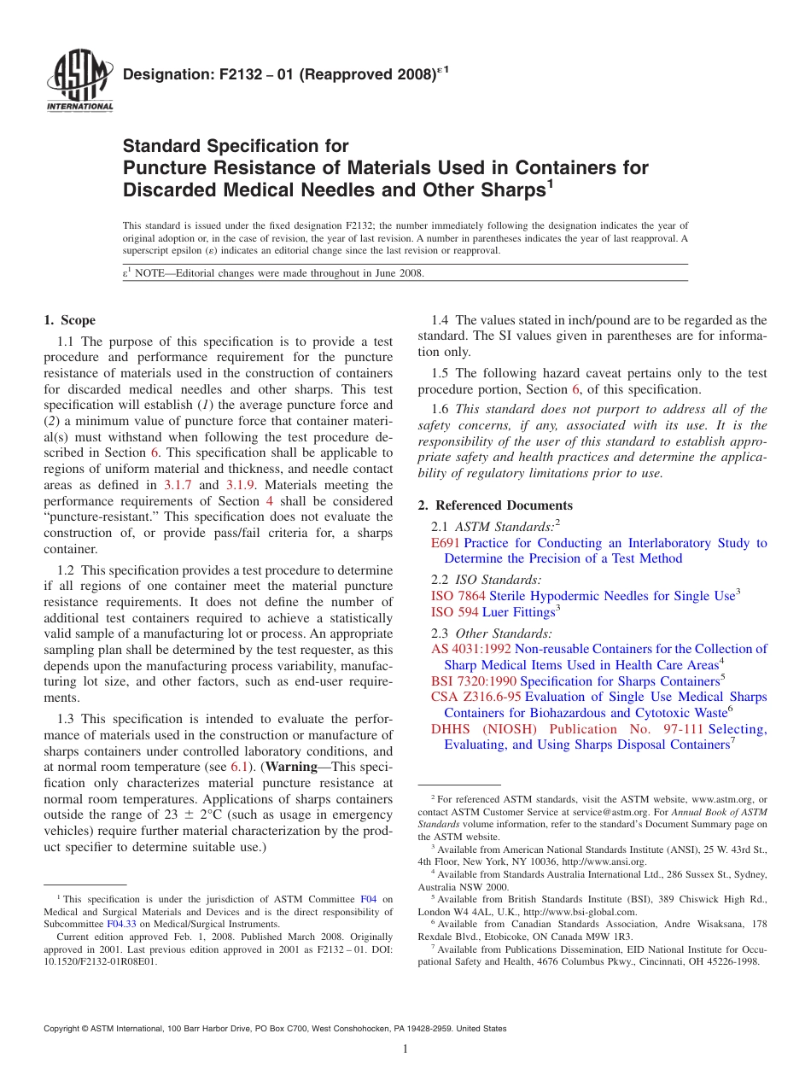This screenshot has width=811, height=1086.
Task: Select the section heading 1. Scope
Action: pos(69,320)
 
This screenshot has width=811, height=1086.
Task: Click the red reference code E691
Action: pos(446,543)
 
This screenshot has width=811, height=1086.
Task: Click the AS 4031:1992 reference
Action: pos(471,649)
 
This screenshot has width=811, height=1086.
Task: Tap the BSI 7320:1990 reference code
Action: pos(473,681)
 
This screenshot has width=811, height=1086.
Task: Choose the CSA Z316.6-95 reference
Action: pos(476,697)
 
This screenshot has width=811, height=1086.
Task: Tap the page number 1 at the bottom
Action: pos(405,1049)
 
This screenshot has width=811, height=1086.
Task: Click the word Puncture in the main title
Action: pos(162,168)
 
